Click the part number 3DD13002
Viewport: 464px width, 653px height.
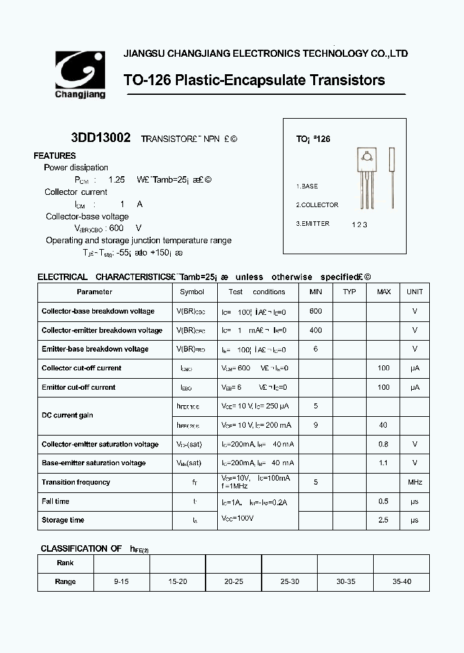(x=101, y=138)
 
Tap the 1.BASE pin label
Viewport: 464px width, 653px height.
(x=307, y=186)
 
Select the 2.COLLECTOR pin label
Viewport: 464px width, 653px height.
(x=317, y=205)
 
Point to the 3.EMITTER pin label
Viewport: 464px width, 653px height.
(x=313, y=224)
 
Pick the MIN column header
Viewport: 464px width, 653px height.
(x=316, y=292)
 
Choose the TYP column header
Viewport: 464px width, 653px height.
(x=349, y=292)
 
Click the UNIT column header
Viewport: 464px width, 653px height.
(x=415, y=292)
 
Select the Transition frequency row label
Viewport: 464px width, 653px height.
(x=76, y=482)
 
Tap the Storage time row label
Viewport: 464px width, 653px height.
(x=63, y=520)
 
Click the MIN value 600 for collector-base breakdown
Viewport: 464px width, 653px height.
(x=316, y=311)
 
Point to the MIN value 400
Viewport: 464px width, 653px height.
(x=316, y=330)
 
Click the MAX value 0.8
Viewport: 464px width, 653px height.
(x=383, y=444)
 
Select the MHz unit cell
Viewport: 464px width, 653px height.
(x=415, y=482)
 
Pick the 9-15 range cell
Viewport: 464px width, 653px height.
(x=121, y=581)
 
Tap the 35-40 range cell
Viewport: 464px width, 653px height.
(x=401, y=581)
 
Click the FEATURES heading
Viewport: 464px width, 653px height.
(x=55, y=156)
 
